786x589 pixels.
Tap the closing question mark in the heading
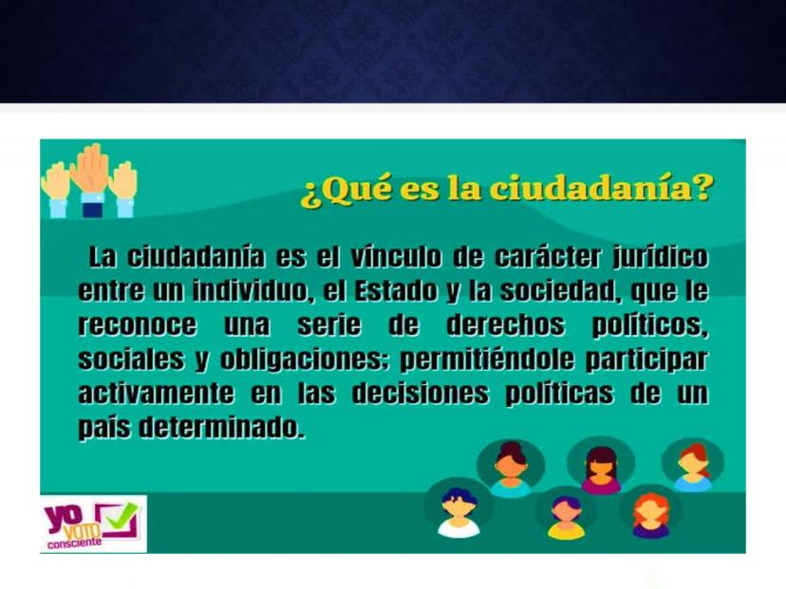point(701,189)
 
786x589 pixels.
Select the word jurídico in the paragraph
point(661,258)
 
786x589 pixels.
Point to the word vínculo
point(397,257)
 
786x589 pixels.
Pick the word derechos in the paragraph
point(505,324)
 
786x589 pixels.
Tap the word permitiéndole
point(486,359)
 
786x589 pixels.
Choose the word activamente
point(156,393)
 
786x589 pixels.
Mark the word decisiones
point(421,393)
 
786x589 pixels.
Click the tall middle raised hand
point(92,179)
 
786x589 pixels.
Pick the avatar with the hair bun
point(511,468)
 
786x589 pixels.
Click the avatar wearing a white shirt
point(458,512)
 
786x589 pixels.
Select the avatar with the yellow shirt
point(566,517)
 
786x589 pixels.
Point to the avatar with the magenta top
point(601,469)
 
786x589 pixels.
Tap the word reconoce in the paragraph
point(138,324)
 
